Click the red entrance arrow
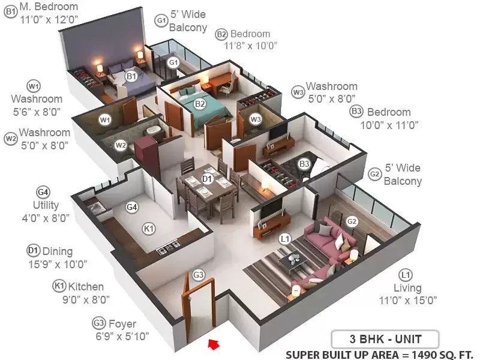(214, 343)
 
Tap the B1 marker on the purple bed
(131, 76)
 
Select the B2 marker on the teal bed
(200, 104)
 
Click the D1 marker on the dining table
(207, 178)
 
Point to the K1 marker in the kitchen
(149, 229)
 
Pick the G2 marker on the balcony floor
(352, 221)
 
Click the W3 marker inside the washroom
(256, 119)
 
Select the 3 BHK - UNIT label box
(385, 339)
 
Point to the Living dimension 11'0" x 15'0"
(408, 301)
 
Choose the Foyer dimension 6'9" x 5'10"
(122, 337)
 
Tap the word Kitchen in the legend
(86, 287)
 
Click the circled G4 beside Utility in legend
(43, 192)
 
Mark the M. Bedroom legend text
(49, 7)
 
